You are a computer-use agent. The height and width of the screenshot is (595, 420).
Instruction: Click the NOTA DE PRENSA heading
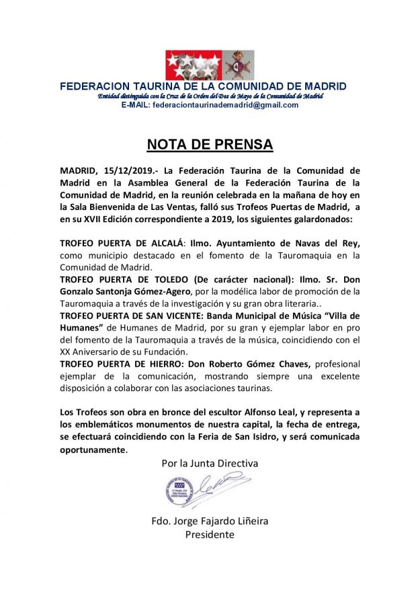click(210, 145)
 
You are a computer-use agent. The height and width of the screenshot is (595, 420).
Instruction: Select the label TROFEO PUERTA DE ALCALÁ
click(118, 244)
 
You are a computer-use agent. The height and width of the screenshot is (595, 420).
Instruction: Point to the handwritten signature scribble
click(224, 485)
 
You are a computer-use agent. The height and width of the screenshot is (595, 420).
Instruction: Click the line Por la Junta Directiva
click(210, 463)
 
